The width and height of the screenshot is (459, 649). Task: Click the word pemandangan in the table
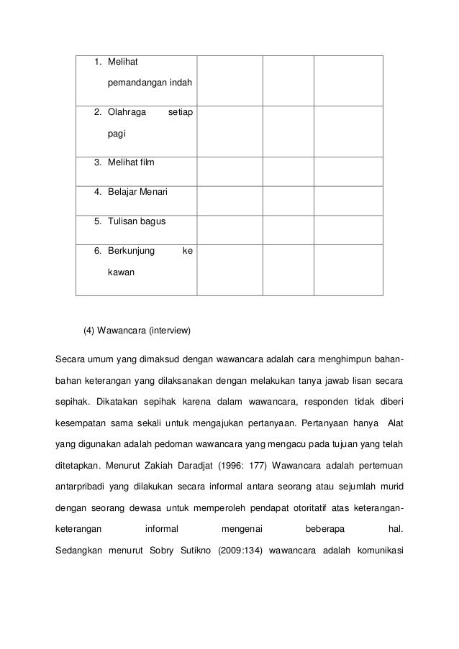click(135, 83)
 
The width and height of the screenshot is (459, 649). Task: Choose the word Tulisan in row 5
click(123, 221)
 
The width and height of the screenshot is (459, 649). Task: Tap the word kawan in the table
click(122, 273)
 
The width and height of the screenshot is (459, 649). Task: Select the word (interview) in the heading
click(168, 331)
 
